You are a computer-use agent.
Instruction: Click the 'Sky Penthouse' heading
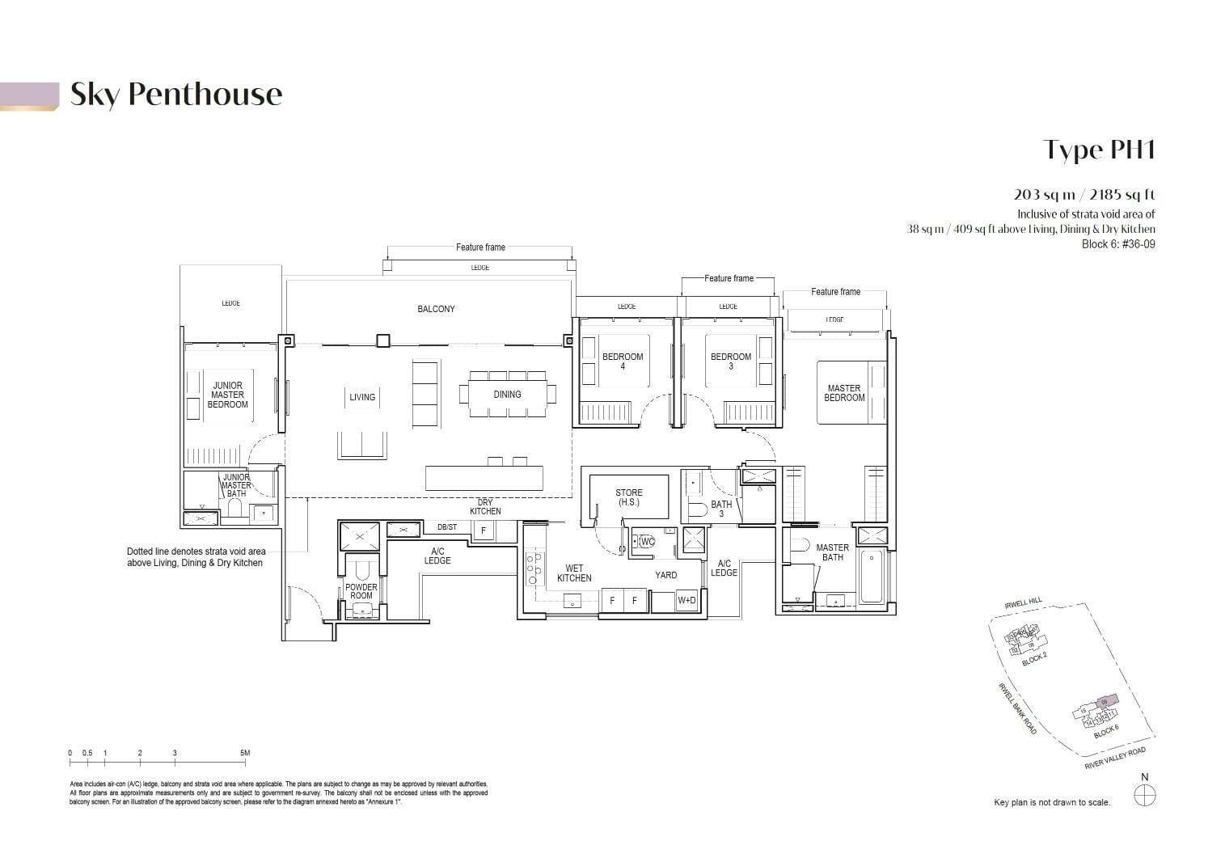(176, 95)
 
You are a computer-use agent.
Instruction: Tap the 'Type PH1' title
(1099, 150)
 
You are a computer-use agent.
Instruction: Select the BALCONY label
(436, 309)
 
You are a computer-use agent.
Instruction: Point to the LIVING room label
(362, 397)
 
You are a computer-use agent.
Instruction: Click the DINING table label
(507, 395)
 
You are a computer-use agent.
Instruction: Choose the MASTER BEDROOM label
(844, 393)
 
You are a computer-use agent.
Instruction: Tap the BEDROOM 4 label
(623, 361)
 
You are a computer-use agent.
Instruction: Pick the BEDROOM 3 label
(731, 361)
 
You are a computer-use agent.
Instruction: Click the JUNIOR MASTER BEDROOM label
(227, 395)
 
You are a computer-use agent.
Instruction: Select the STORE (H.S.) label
(628, 497)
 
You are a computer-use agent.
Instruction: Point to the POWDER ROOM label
(361, 591)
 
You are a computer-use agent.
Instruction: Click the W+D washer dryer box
(686, 600)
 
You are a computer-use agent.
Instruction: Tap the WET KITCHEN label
(574, 573)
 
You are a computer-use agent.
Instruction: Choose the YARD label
(665, 575)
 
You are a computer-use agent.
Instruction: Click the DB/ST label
(446, 527)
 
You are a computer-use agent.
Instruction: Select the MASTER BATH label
(832, 552)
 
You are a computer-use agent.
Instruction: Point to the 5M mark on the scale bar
(245, 754)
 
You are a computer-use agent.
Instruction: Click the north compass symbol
(1145, 797)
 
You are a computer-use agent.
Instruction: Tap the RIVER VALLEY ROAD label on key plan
(1115, 759)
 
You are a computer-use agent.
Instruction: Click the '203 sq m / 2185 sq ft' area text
(1084, 194)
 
